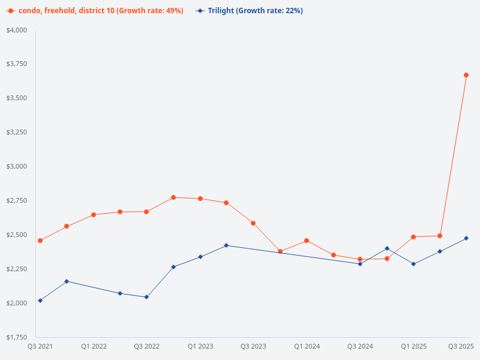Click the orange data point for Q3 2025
(466, 75)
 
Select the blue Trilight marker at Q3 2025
(466, 238)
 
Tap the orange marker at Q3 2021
(40, 241)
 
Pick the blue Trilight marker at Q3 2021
(40, 301)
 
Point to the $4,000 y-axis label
(17, 30)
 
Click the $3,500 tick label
(17, 98)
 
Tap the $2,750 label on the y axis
(17, 200)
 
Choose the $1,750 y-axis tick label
(17, 337)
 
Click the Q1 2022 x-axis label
(94, 346)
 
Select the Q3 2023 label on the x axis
(253, 346)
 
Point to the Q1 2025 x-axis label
(413, 346)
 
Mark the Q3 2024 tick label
(360, 346)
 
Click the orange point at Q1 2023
(200, 199)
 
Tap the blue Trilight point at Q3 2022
(146, 297)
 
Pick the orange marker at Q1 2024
(307, 241)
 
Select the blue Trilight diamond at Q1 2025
(413, 264)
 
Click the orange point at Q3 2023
(253, 223)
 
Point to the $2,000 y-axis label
(17, 303)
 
